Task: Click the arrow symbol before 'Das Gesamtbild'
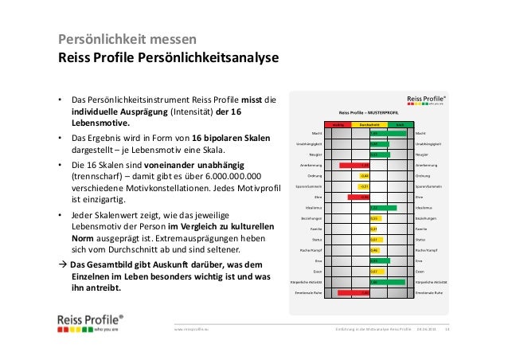pos(61,264)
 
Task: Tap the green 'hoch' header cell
pos(401,124)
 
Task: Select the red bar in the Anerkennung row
pos(350,165)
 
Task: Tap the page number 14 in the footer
pos(447,328)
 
